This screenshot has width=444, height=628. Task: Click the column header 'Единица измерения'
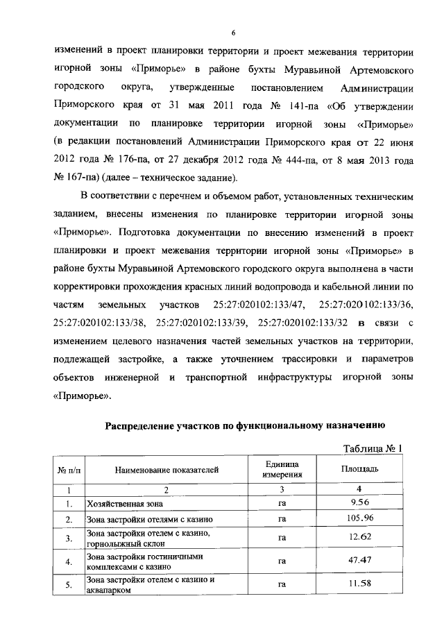pyautogui.click(x=282, y=470)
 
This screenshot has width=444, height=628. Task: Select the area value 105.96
pyautogui.click(x=359, y=518)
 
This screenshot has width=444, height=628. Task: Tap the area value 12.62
pyautogui.click(x=359, y=536)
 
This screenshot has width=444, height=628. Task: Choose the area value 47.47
pyautogui.click(x=359, y=560)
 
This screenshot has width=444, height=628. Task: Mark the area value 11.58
pyautogui.click(x=359, y=583)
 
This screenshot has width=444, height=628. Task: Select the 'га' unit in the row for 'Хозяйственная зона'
pyautogui.click(x=282, y=503)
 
